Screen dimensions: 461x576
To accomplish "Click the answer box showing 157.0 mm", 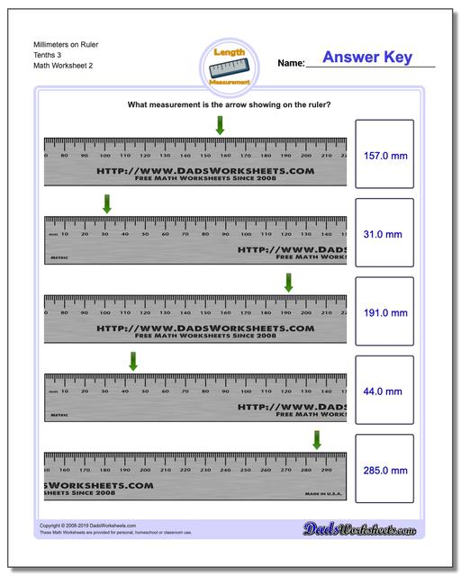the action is tap(384, 155).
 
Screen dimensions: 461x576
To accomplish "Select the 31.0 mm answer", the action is tap(384, 234).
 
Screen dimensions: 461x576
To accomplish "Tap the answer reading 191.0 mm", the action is tap(384, 312).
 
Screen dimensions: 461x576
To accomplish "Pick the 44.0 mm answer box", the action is tap(384, 391).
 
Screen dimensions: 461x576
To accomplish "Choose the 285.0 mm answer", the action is tap(384, 470).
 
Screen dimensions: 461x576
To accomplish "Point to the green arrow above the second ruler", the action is tap(107, 204).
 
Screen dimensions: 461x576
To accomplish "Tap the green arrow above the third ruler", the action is tap(288, 282).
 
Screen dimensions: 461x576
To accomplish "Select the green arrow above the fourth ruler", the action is tap(132, 361).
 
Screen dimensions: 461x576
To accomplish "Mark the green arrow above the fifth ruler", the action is tap(317, 439).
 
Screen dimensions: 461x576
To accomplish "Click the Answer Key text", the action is tap(367, 58).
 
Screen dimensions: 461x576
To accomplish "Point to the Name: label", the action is tap(291, 64).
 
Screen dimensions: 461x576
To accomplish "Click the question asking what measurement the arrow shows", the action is tap(230, 105).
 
